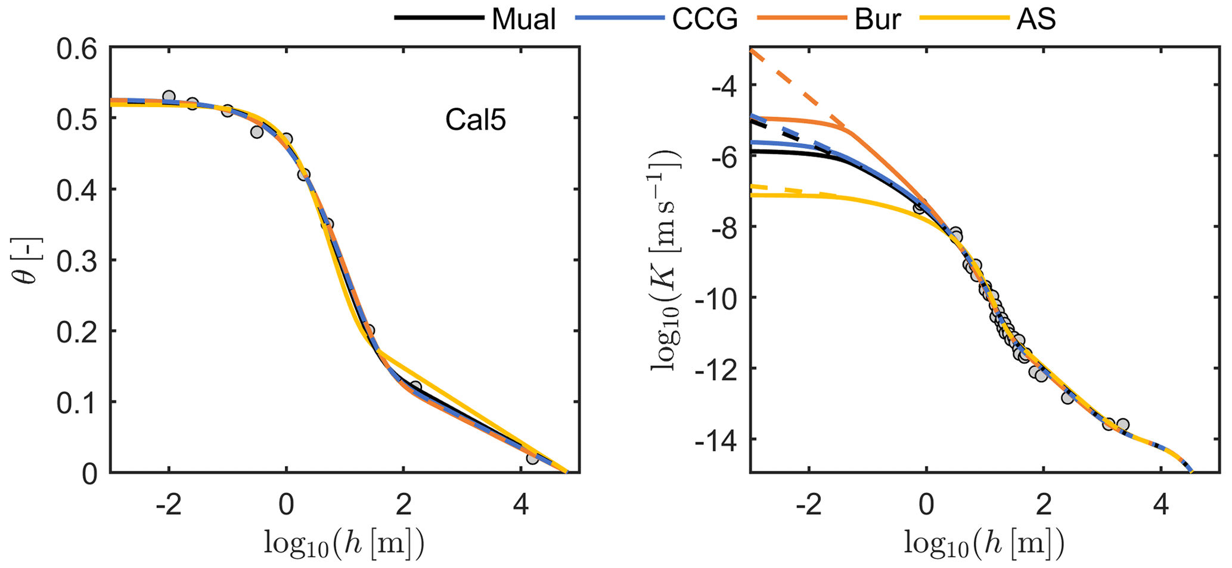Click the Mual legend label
click(x=523, y=19)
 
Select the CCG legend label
click(x=705, y=19)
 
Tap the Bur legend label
click(x=877, y=19)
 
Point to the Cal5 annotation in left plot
click(x=475, y=121)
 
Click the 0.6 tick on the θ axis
click(x=77, y=49)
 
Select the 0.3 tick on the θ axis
click(x=77, y=261)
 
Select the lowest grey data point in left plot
click(x=532, y=458)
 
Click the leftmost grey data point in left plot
click(x=169, y=96)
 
